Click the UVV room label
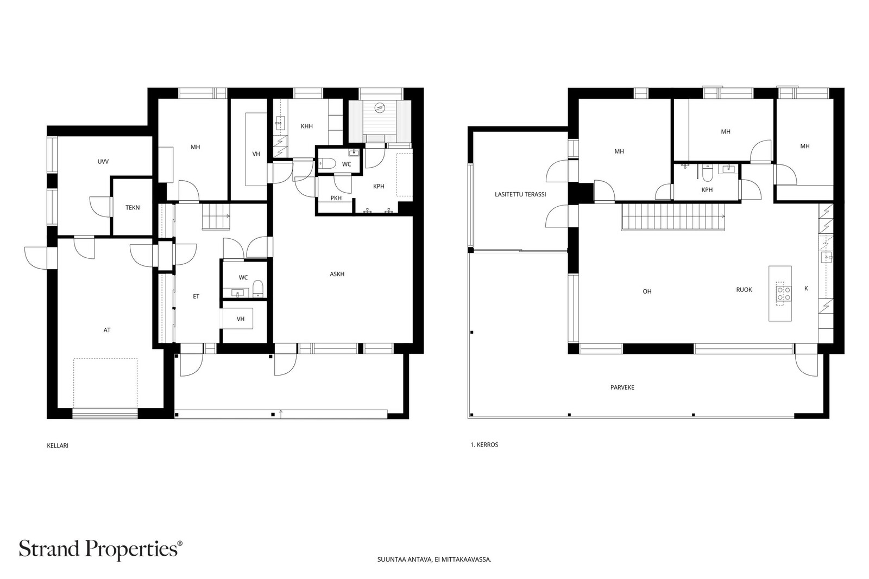(103, 162)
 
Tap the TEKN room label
(133, 208)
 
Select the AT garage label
(107, 330)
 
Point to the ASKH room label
(337, 274)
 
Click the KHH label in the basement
(307, 126)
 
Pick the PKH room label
(336, 198)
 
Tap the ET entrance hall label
(196, 296)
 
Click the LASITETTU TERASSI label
(520, 194)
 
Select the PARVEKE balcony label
(622, 387)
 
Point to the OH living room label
(647, 291)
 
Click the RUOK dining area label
(744, 290)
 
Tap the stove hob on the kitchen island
(784, 294)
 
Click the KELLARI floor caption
(58, 446)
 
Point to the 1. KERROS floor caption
(484, 445)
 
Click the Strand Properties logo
(100, 549)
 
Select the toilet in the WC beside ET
(258, 289)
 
